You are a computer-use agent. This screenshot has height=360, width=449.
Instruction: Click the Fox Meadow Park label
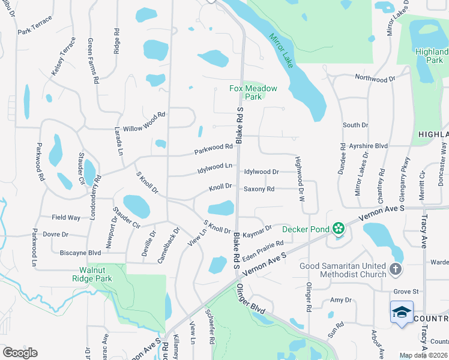pos(253,92)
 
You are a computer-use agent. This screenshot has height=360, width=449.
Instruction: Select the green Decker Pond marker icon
pos(339,227)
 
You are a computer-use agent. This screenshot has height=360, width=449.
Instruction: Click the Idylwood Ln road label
pos(215,167)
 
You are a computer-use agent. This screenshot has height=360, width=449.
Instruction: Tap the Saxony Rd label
pos(259,189)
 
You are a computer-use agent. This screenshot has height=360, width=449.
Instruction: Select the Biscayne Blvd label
pos(80,253)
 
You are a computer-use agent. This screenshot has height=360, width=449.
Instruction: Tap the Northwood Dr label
pos(375,78)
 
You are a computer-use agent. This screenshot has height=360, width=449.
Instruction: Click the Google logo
pos(20,352)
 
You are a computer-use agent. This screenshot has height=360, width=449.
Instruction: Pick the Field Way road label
pos(66,217)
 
